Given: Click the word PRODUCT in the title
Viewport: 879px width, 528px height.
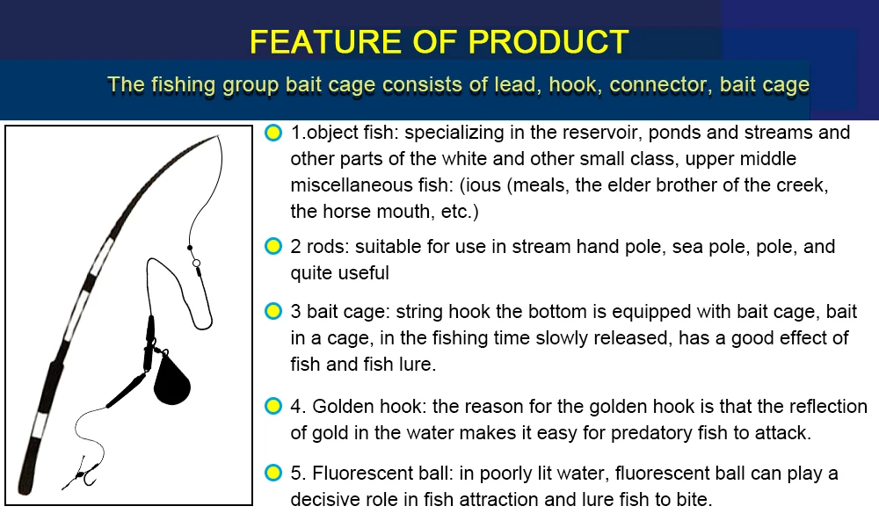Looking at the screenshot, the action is (x=548, y=41).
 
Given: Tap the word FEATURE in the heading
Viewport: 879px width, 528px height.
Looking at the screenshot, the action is (x=326, y=41).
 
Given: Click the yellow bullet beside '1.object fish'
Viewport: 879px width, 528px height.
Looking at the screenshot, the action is (x=273, y=133).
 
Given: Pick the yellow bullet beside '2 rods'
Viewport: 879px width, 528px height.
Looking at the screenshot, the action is (x=273, y=246).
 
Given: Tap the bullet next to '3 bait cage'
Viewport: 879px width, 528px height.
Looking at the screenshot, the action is (x=273, y=311).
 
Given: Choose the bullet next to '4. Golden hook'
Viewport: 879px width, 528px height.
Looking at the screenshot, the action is (x=273, y=406).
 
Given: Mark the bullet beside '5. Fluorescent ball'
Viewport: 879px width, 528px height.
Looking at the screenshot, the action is (x=273, y=473).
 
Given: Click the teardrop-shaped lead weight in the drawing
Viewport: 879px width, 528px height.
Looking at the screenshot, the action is (x=171, y=380).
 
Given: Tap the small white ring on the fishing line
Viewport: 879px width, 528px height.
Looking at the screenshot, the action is (x=196, y=263).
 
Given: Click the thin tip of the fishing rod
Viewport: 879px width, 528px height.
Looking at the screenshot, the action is (x=217, y=136).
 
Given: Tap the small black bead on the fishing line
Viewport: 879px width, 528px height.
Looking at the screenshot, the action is (x=190, y=247).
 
